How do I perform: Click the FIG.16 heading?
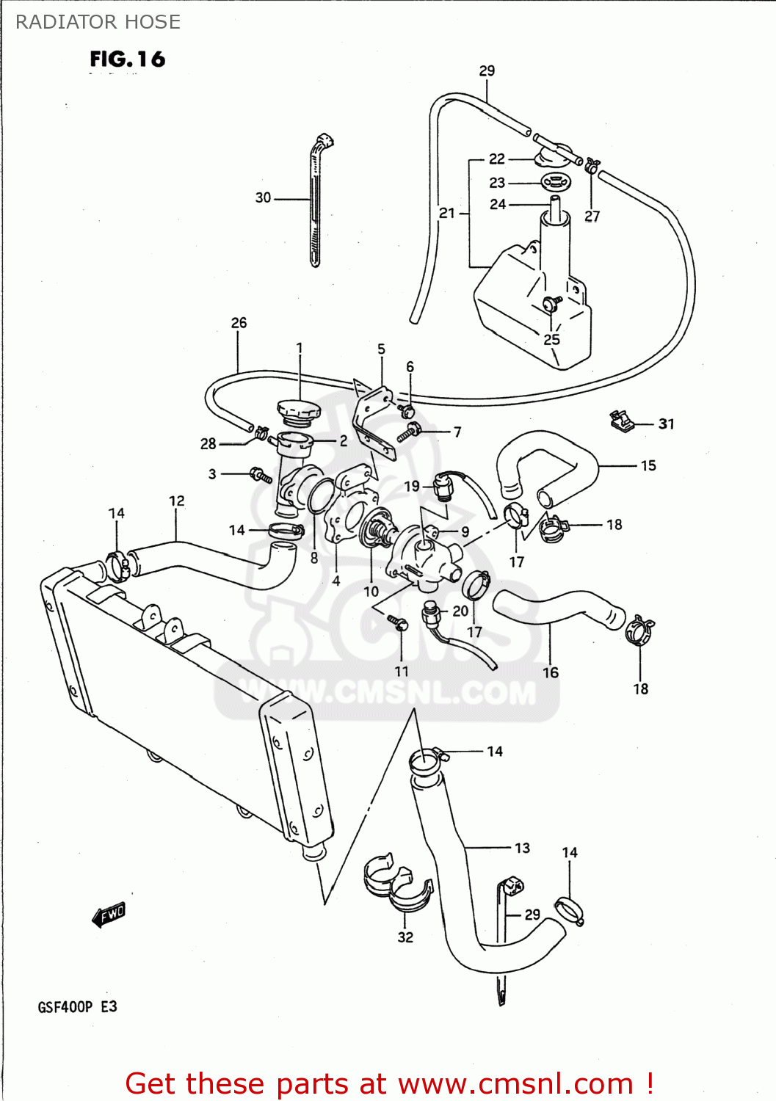[x=128, y=59]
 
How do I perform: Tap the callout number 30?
[x=263, y=197]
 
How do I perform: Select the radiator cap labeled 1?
[x=299, y=411]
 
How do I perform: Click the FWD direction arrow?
[x=109, y=915]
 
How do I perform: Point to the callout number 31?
[x=666, y=424]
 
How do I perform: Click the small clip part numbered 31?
[x=620, y=421]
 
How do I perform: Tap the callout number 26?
[x=239, y=322]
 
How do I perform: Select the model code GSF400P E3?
[x=77, y=1006]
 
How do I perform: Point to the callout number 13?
[x=522, y=848]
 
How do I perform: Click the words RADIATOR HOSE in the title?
[x=98, y=22]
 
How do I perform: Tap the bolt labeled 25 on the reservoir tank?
[x=550, y=303]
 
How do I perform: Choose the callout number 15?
[x=648, y=465]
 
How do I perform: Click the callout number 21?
[x=446, y=213]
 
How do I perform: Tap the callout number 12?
[x=176, y=501]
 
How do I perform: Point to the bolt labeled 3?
[x=261, y=475]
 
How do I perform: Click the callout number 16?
[x=551, y=672]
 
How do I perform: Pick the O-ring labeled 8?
[x=319, y=496]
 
